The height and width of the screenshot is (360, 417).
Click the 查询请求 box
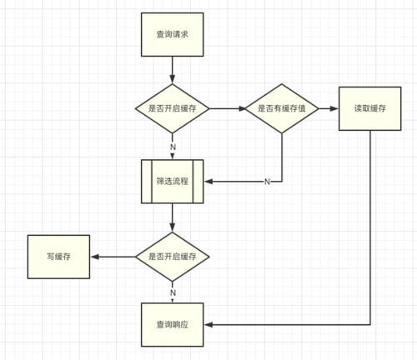click(x=173, y=34)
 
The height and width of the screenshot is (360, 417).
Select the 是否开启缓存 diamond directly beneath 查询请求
click(x=173, y=108)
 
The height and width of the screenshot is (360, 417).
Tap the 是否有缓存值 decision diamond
click(x=282, y=108)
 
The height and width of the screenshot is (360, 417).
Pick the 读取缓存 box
click(x=370, y=108)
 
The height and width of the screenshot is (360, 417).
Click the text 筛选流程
click(x=173, y=182)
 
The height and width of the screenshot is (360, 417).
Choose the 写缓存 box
click(x=58, y=257)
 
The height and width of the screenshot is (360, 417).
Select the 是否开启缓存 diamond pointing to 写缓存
click(x=173, y=257)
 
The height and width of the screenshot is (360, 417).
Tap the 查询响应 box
click(x=173, y=325)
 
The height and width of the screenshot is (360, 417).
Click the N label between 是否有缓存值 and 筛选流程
click(x=267, y=182)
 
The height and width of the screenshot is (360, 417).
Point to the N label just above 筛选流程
click(x=173, y=147)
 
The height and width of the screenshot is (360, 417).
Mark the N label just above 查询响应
click(x=173, y=292)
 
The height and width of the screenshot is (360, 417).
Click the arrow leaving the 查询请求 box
click(x=173, y=70)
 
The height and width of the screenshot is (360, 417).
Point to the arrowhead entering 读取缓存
click(x=334, y=108)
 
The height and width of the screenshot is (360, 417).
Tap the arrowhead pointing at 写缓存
click(x=95, y=257)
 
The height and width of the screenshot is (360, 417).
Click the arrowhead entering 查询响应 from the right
click(x=208, y=324)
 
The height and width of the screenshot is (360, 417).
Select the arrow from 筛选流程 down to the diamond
click(x=173, y=217)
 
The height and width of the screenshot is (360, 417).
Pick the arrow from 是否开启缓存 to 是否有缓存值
click(x=227, y=108)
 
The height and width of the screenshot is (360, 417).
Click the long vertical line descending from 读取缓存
click(x=370, y=227)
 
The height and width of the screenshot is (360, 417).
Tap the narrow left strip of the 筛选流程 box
click(x=147, y=182)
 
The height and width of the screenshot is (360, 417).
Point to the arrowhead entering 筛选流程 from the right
click(x=208, y=182)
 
